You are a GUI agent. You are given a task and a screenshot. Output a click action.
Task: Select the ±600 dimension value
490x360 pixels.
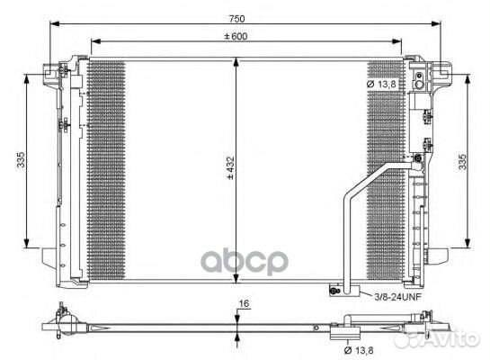coord(241,35)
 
